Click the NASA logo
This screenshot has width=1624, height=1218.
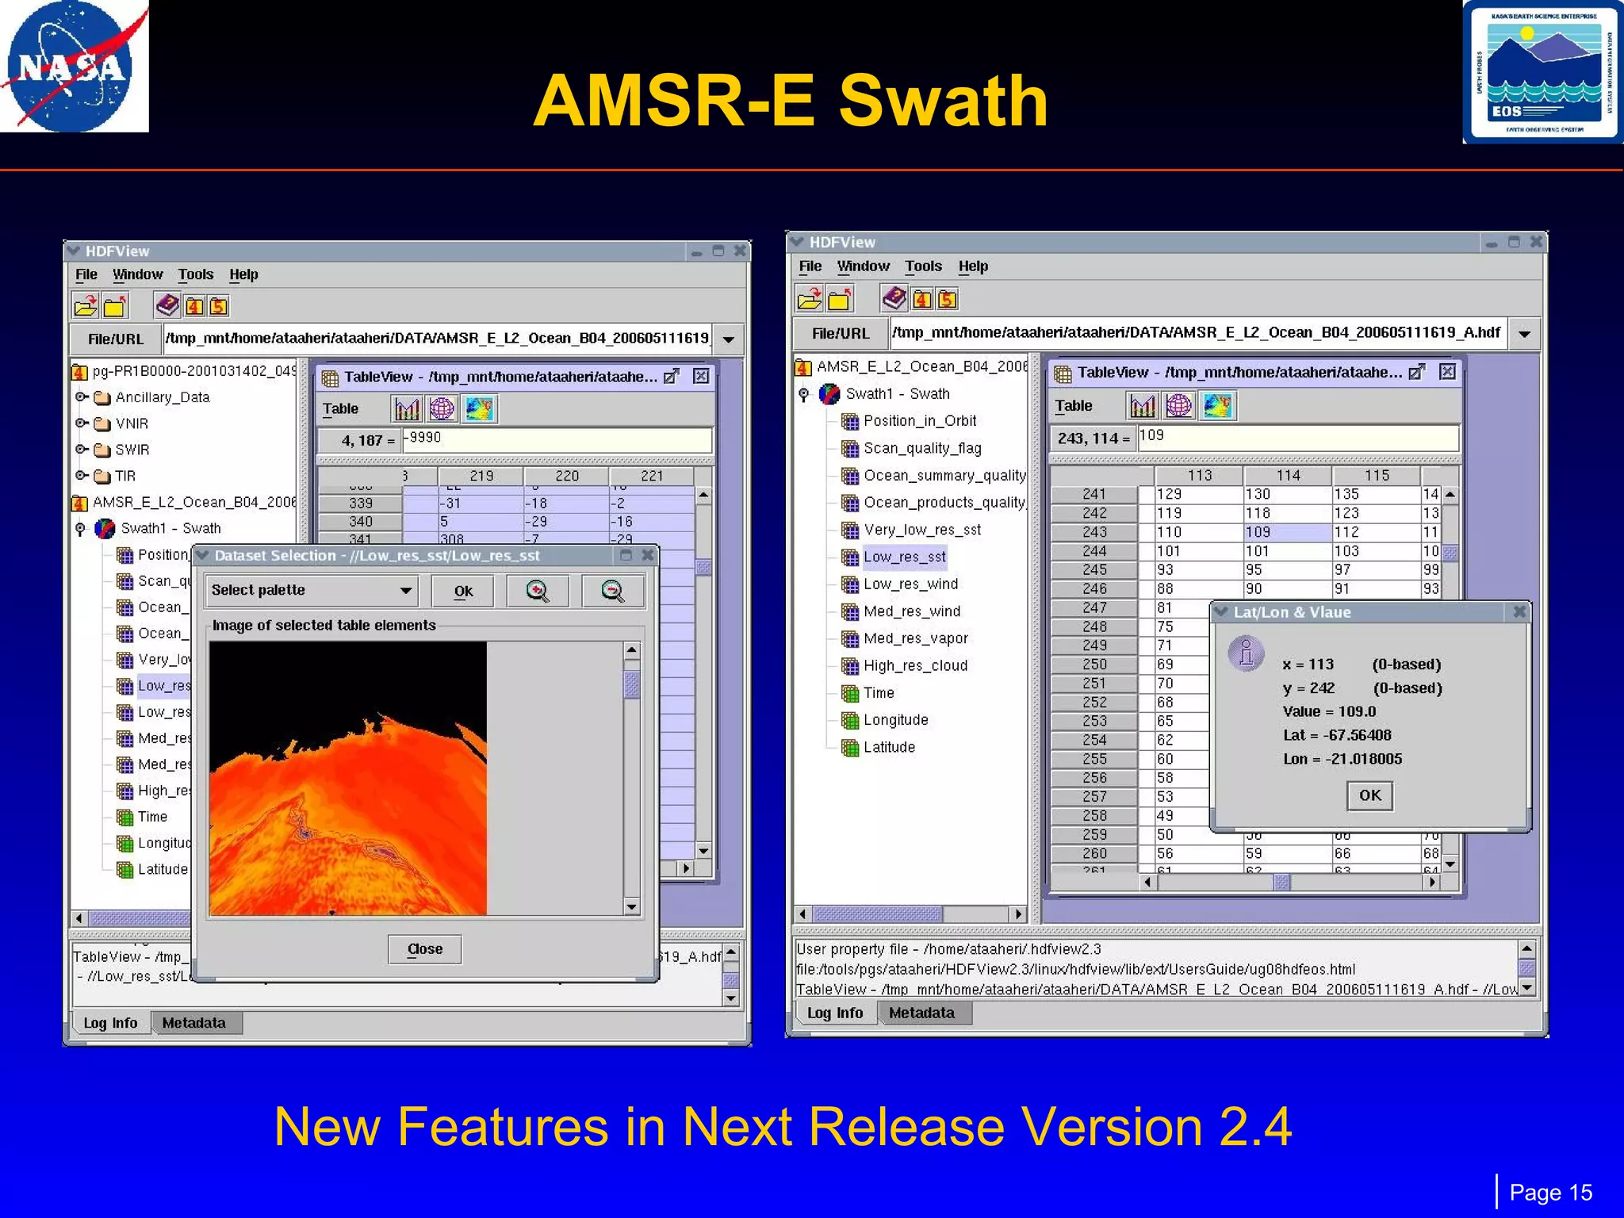(x=74, y=67)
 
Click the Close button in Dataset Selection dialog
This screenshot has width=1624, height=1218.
(x=424, y=949)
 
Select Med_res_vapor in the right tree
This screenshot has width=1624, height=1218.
(x=915, y=638)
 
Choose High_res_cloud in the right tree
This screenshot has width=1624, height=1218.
(x=915, y=666)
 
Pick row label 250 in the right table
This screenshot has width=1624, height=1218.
(x=1094, y=665)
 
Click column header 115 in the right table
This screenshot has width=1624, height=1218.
(x=1377, y=476)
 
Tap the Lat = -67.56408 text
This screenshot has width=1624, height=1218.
(x=1337, y=735)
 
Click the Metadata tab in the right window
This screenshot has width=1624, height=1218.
(x=921, y=1013)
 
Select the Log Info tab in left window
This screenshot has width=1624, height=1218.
(x=110, y=1023)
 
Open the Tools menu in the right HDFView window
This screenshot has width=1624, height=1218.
(x=923, y=266)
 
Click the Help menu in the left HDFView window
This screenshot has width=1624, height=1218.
(x=243, y=274)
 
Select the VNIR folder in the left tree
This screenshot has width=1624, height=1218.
(x=132, y=423)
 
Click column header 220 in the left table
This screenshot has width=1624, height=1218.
(x=566, y=476)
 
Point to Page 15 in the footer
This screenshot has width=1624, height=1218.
(x=1550, y=1193)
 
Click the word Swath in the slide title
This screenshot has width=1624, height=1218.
(x=943, y=101)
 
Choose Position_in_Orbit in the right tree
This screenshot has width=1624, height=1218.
(x=919, y=421)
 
